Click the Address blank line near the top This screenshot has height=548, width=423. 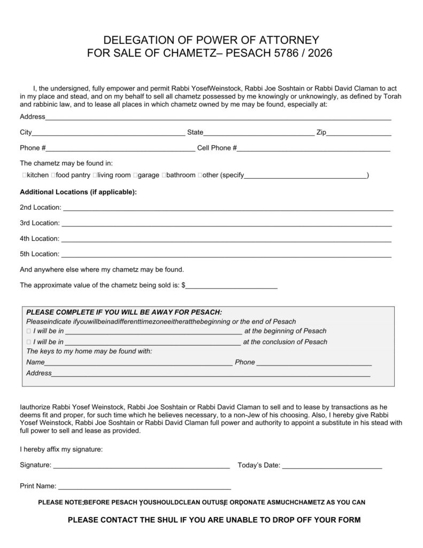click(x=218, y=118)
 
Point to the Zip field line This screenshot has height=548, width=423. click(x=359, y=134)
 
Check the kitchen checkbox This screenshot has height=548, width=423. click(x=25, y=176)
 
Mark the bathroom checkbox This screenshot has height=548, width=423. click(x=164, y=176)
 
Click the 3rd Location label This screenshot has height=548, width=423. click(x=40, y=223)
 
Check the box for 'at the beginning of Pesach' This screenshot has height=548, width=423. click(x=28, y=331)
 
